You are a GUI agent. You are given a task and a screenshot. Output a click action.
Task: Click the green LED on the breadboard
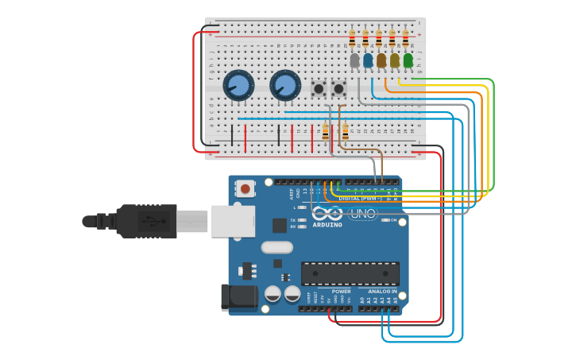(x=408, y=60)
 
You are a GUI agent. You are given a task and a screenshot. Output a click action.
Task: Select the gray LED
(x=354, y=60)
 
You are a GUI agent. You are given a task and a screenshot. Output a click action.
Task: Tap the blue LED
(x=368, y=60)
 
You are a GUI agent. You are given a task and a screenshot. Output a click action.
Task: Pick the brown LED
(x=381, y=60)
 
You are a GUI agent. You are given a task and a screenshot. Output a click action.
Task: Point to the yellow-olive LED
(x=395, y=60)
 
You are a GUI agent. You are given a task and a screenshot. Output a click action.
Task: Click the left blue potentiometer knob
(x=238, y=85)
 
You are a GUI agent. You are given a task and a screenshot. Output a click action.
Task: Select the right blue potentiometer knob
(x=285, y=85)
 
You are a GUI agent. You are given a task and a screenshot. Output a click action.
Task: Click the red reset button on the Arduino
(x=245, y=189)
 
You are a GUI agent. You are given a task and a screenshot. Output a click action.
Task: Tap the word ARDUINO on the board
(x=327, y=225)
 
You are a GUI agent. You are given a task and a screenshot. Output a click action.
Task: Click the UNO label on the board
(x=362, y=213)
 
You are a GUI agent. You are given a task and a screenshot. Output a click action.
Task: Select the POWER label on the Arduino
(x=341, y=291)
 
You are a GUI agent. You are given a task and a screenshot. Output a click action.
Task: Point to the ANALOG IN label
(x=383, y=291)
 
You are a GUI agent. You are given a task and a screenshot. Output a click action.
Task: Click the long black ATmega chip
(x=350, y=273)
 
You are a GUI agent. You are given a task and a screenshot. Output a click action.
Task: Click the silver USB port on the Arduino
(x=233, y=221)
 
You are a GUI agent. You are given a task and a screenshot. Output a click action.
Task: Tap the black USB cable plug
(x=147, y=221)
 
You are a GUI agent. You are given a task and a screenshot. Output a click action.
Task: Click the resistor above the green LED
(x=405, y=37)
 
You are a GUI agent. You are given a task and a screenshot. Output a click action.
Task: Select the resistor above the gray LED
(x=352, y=37)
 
